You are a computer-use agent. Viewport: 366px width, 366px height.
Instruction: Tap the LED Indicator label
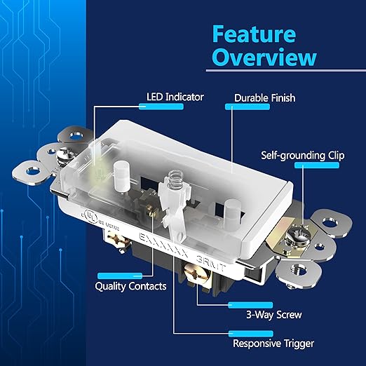point(175,96)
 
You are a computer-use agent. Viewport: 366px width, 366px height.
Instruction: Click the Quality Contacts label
point(130,286)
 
